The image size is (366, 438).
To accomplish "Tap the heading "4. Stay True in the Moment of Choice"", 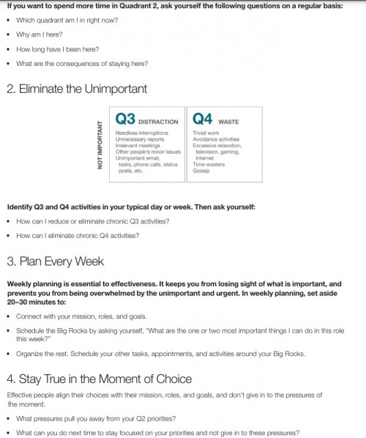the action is (x=99, y=379).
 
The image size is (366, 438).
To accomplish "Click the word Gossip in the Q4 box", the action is (x=202, y=171).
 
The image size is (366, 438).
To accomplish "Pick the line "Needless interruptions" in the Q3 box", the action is (x=141, y=133).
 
